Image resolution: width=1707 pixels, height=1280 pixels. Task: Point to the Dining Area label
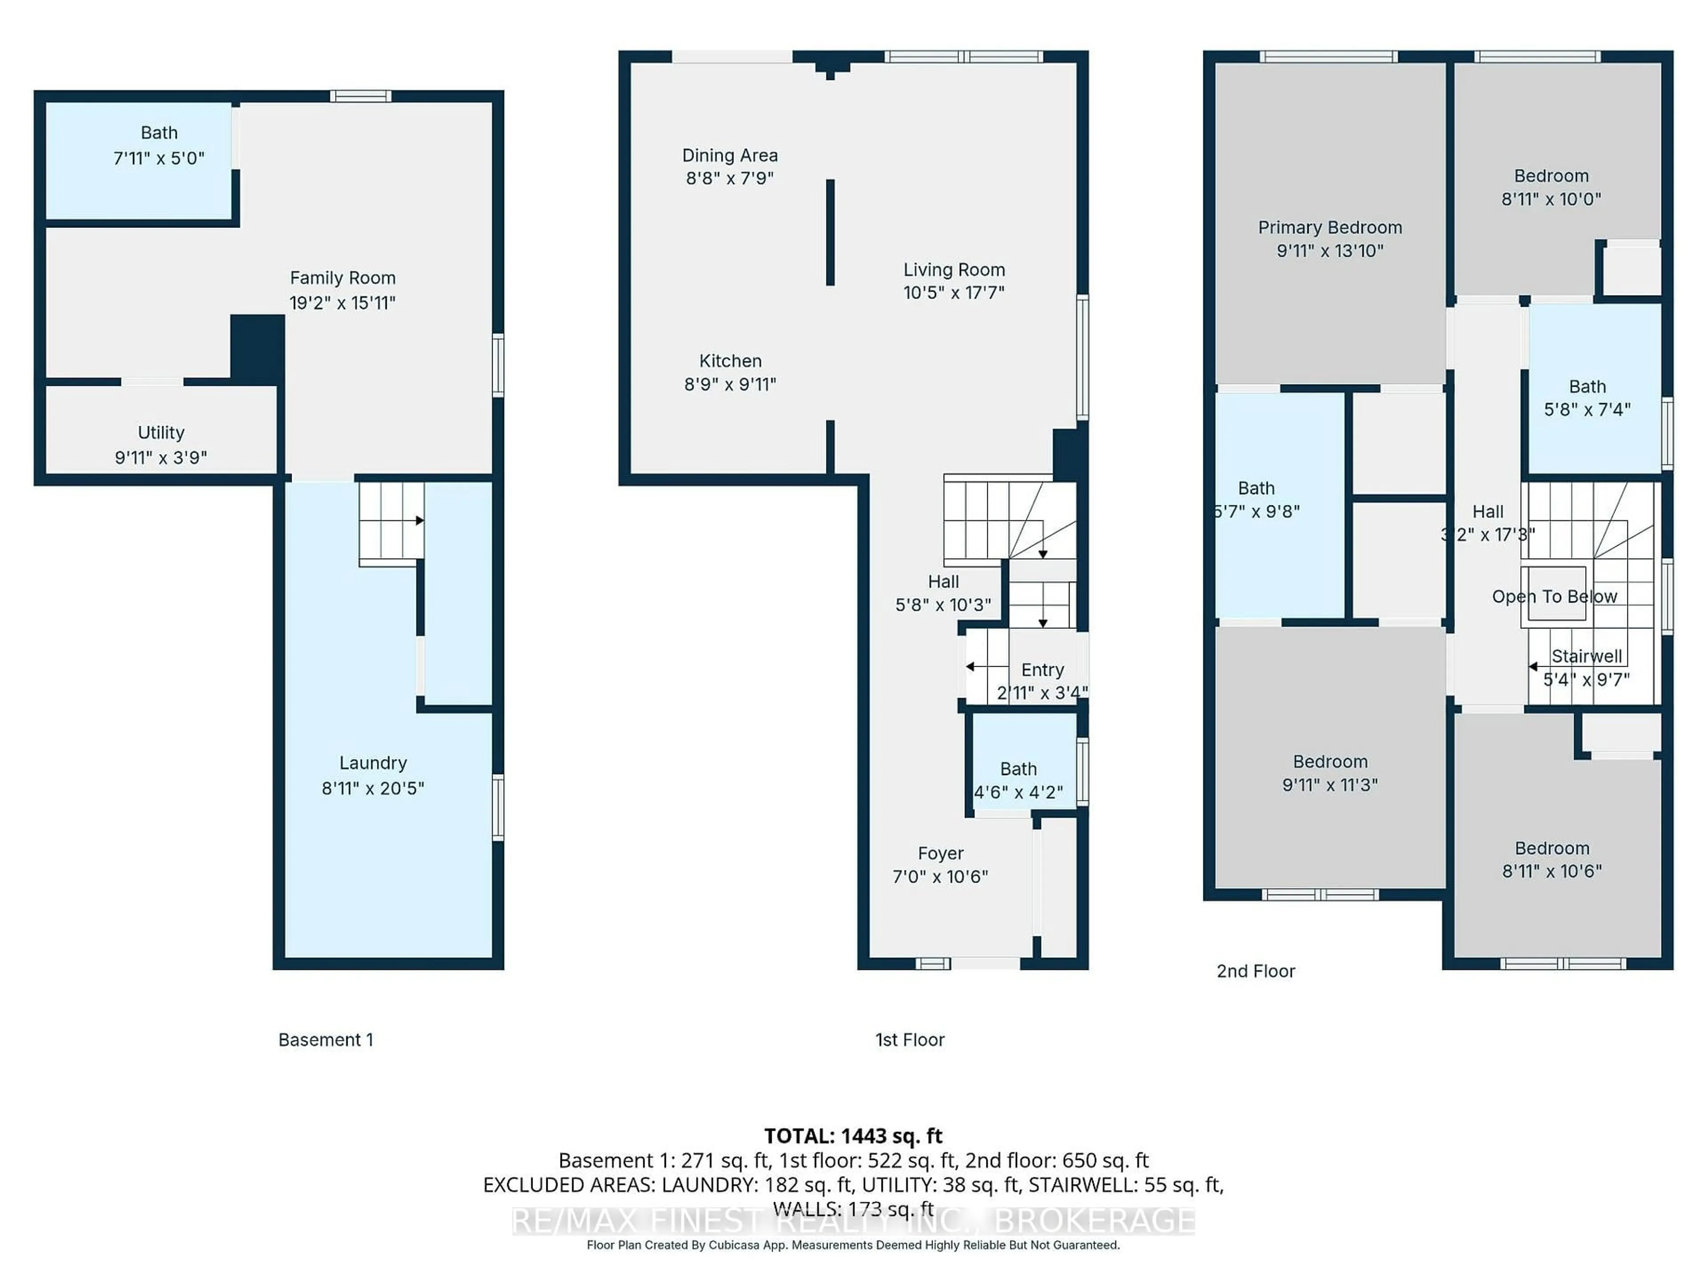(x=729, y=156)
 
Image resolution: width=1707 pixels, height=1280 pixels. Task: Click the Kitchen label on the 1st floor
(x=730, y=361)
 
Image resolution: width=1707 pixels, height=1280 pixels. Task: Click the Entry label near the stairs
(x=1042, y=670)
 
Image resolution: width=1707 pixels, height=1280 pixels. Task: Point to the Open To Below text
(x=1554, y=596)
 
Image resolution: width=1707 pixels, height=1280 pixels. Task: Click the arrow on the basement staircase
(x=419, y=521)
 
